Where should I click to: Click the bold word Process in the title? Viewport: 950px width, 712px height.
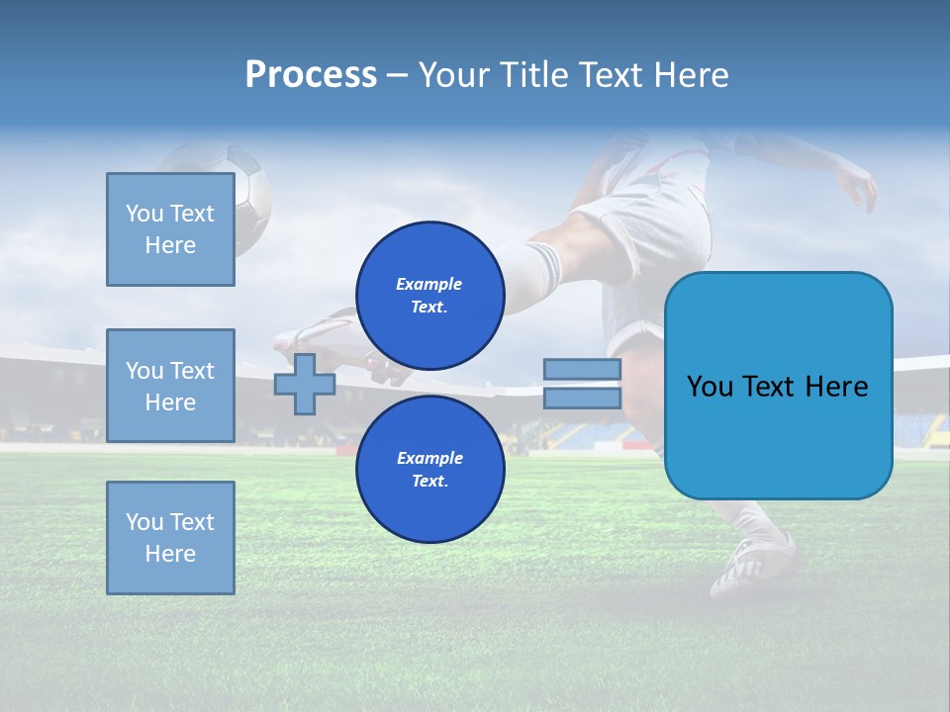click(x=311, y=75)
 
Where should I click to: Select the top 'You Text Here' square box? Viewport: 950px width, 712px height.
click(x=170, y=229)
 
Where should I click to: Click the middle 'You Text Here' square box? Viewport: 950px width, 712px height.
click(x=170, y=386)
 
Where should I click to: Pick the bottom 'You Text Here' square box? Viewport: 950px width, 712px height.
click(x=170, y=538)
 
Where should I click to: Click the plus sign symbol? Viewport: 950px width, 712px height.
click(x=305, y=384)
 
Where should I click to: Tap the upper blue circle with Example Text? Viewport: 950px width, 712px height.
click(x=429, y=296)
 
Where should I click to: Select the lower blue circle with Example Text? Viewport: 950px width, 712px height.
click(x=429, y=470)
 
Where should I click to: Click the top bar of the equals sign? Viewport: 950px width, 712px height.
click(x=582, y=370)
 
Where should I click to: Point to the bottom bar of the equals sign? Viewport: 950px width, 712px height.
click(x=582, y=398)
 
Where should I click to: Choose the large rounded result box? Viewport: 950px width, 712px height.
click(x=778, y=386)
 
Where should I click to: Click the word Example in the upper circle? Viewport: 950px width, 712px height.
click(x=429, y=284)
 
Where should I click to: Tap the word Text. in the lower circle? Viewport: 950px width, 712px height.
click(x=429, y=482)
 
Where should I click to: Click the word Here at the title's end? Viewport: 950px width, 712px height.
click(x=692, y=75)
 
